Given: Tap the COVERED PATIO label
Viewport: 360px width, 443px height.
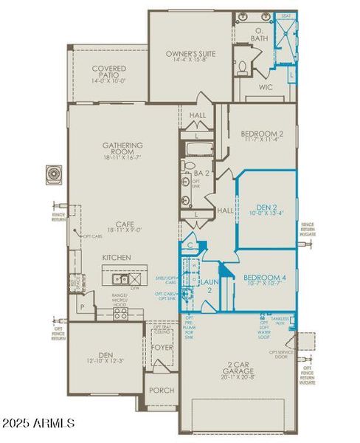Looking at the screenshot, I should coord(108,72).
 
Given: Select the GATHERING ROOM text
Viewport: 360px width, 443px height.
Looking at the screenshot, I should coord(123,149).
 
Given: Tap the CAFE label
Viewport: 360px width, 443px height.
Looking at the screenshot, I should coord(123,227).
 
